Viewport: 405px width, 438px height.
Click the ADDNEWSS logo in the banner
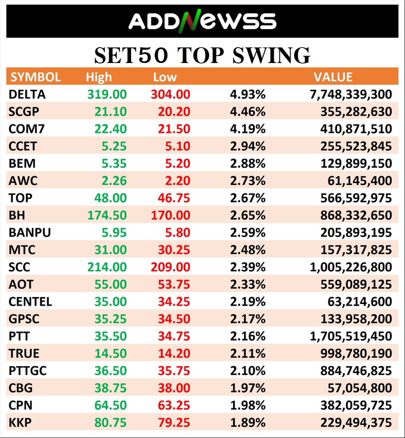(x=202, y=21)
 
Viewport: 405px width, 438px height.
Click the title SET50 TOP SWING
(x=202, y=55)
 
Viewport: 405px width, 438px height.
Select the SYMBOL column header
(x=35, y=77)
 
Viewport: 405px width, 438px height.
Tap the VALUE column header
(x=333, y=77)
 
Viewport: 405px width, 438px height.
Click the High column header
(x=99, y=77)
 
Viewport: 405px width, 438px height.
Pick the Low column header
(x=165, y=77)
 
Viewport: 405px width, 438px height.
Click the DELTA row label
(x=27, y=94)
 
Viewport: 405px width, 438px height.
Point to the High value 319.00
(x=107, y=94)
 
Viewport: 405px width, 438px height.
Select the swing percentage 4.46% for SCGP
(x=247, y=112)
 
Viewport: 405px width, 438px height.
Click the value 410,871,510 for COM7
(x=357, y=129)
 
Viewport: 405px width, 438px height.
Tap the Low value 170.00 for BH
(x=170, y=215)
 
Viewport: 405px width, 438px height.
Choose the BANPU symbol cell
(x=29, y=233)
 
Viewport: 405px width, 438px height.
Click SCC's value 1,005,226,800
(x=351, y=267)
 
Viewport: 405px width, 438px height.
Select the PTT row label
(x=19, y=336)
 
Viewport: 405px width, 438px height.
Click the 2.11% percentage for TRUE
(x=247, y=354)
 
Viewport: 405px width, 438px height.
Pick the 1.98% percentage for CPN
(x=247, y=405)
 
